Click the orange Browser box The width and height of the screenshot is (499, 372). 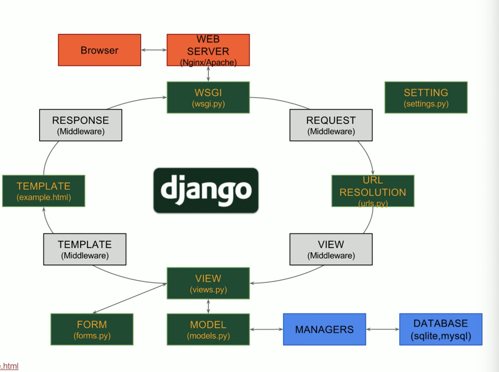coord(99,50)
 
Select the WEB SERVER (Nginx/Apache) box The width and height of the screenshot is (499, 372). coord(208,50)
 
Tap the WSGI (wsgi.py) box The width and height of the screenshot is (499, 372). coord(208,97)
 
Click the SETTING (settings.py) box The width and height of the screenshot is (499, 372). coord(426,97)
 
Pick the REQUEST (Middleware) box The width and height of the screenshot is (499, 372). coord(331,125)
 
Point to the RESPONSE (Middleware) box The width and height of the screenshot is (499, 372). coord(80,125)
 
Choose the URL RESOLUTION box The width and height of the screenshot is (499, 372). coord(373,191)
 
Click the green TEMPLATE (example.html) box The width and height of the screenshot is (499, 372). coord(43,191)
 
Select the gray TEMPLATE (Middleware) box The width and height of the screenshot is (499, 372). coord(85,249)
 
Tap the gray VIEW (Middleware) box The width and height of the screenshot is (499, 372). coord(331,249)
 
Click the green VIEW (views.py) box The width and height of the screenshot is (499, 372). coord(208,283)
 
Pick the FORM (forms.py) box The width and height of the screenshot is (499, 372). coord(92,329)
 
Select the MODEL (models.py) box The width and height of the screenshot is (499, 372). coord(208,329)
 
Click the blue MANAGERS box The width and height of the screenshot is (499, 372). coord(324,329)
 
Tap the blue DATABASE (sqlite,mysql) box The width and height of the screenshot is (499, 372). coord(441,329)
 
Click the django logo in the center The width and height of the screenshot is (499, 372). coord(206,190)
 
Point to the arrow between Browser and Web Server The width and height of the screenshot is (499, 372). coord(154,50)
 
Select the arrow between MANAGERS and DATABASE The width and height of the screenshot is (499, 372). coord(383,329)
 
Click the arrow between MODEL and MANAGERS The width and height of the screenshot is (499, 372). coord(266,329)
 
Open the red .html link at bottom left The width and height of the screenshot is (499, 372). coord(9,366)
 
